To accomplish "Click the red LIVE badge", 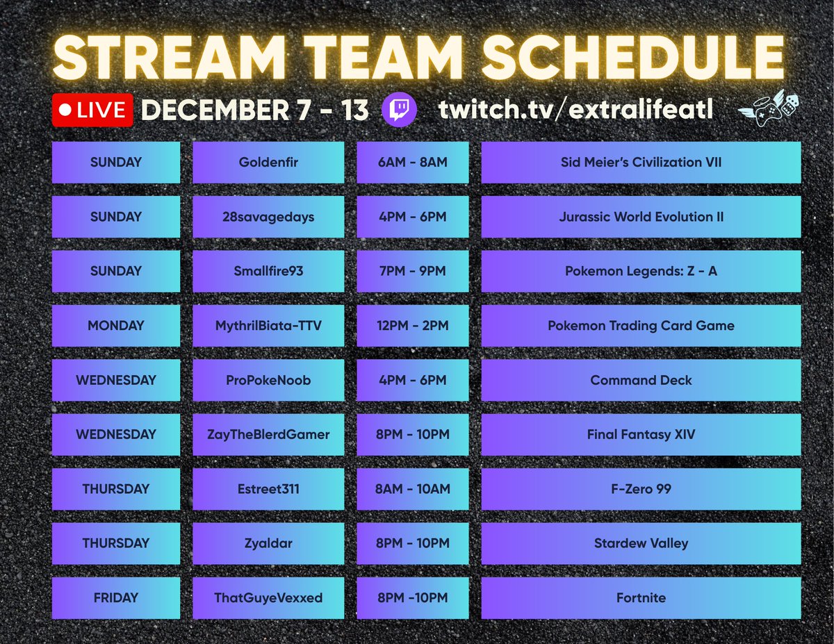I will pyautogui.click(x=92, y=110).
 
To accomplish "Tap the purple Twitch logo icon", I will pyautogui.click(x=400, y=110).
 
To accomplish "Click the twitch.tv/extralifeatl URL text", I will pyautogui.click(x=575, y=110).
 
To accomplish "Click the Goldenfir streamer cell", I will pyautogui.click(x=268, y=163).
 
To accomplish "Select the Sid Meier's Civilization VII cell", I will pyautogui.click(x=641, y=163).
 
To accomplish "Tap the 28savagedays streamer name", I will pyautogui.click(x=268, y=217).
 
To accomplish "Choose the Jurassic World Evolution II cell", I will pyautogui.click(x=641, y=217).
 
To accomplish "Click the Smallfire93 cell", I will pyautogui.click(x=268, y=271).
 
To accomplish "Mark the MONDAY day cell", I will pyautogui.click(x=115, y=325).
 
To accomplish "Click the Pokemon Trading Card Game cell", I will pyautogui.click(x=641, y=325).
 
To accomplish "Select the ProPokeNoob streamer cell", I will pyautogui.click(x=268, y=380).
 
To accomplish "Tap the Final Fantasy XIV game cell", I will pyautogui.click(x=641, y=434).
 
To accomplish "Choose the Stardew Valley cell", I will pyautogui.click(x=641, y=543).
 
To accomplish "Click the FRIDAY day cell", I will pyautogui.click(x=115, y=597).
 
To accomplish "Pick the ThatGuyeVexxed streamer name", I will pyautogui.click(x=268, y=597).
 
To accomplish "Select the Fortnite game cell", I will pyautogui.click(x=641, y=597).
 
